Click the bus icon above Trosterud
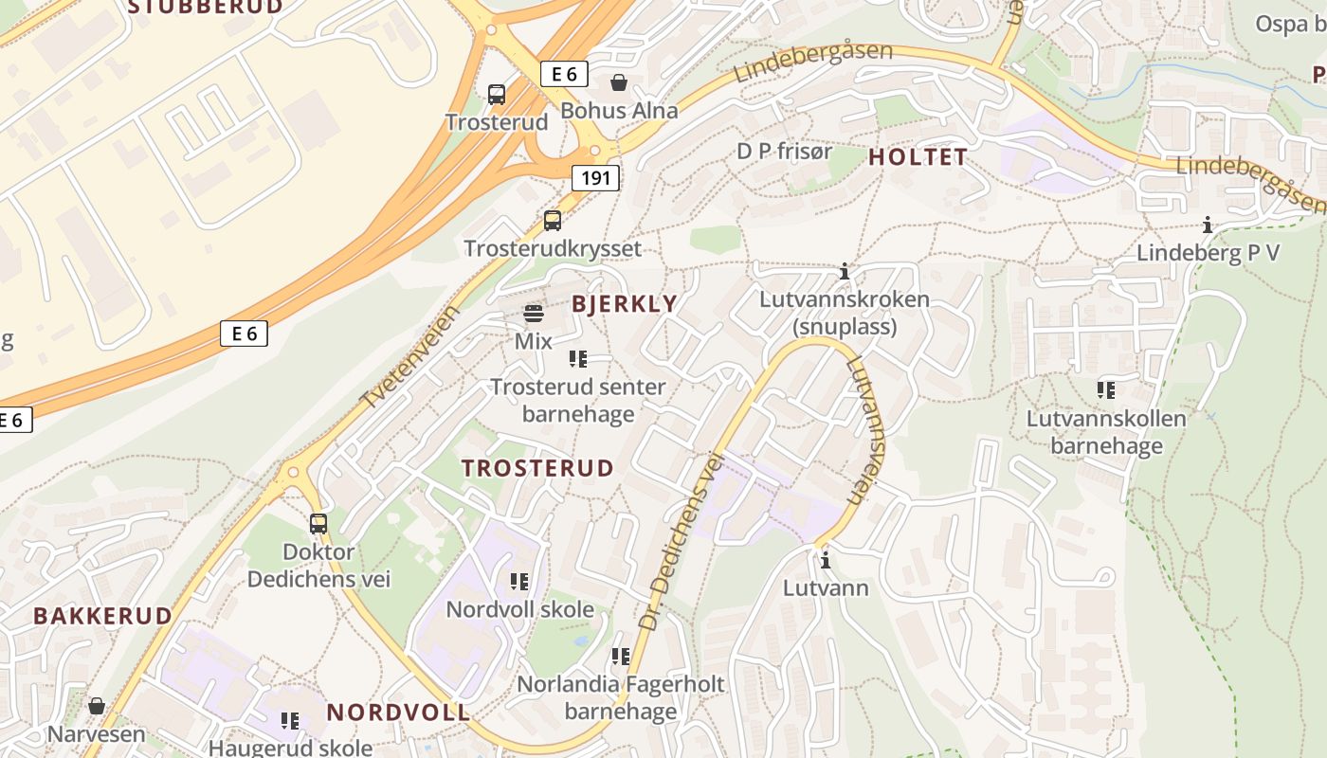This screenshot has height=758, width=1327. pos(497,94)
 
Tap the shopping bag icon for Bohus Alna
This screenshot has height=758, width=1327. pos(619,83)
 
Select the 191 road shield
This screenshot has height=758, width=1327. pos(595,177)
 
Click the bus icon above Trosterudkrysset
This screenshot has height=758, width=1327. pos(553,221)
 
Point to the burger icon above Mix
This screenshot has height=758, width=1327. pos(534,314)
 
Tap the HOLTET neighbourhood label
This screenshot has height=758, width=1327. pos(918,157)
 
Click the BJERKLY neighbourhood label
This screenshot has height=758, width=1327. pos(625,304)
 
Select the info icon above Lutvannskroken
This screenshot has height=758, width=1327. pos(845,272)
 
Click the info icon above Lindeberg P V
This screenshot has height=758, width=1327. pos(1208,225)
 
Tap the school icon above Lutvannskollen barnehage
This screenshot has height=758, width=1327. pos(1106,389)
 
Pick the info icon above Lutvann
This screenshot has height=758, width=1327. pos(826,560)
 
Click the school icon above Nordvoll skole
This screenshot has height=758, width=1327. pos(519,581)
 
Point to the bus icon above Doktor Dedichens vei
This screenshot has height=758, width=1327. pos(318,523)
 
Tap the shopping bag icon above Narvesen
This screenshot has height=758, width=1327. pos(96,706)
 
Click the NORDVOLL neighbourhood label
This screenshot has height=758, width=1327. pos(398,712)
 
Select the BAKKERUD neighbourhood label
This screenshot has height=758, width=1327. pos(102,616)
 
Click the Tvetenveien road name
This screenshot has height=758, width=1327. pos(410,356)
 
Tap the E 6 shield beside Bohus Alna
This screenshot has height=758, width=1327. pos(564,74)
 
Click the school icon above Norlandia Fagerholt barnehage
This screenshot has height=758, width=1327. pos(621,656)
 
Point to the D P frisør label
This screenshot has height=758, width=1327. pos(785,151)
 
